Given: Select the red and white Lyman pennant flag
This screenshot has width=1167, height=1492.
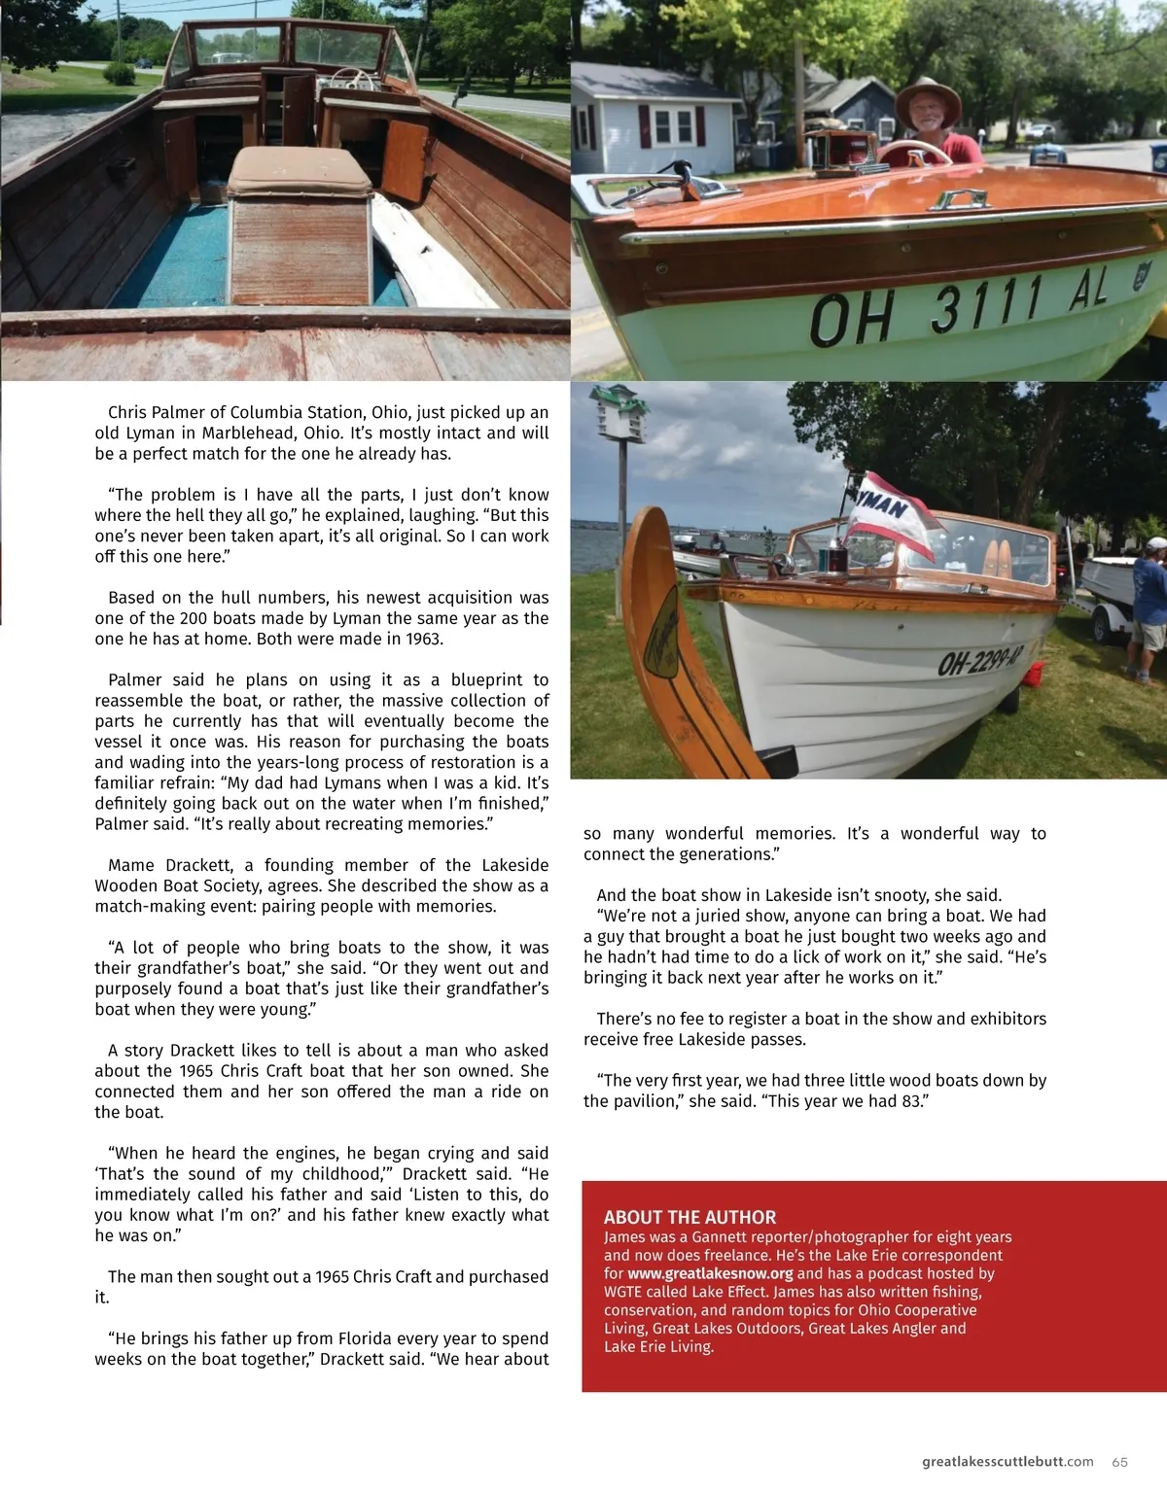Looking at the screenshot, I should click(890, 515).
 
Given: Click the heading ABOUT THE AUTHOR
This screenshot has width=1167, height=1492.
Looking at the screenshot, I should click(690, 1217).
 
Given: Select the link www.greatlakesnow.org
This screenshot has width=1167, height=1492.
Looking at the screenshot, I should click(710, 1273).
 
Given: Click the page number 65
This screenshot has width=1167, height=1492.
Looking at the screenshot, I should click(1120, 1462).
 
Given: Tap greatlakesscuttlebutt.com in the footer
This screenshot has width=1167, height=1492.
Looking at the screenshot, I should click(1008, 1462).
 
